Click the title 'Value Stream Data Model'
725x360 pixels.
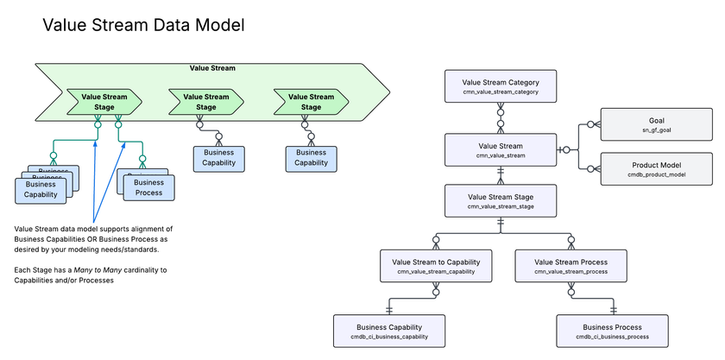tap(143, 26)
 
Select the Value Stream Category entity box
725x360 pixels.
tap(501, 86)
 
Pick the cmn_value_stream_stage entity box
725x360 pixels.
tap(501, 201)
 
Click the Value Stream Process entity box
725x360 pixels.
tap(571, 266)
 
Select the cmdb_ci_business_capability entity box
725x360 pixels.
tap(391, 331)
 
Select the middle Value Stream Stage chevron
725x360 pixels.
tap(205, 102)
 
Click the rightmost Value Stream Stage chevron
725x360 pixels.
tap(310, 102)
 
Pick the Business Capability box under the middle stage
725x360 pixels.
tap(218, 158)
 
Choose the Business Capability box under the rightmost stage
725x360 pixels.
tap(311, 158)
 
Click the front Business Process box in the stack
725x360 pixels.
tap(148, 187)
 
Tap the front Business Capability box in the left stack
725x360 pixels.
tap(41, 190)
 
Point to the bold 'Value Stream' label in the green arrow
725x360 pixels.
tap(212, 67)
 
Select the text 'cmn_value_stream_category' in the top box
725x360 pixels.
tap(501, 92)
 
